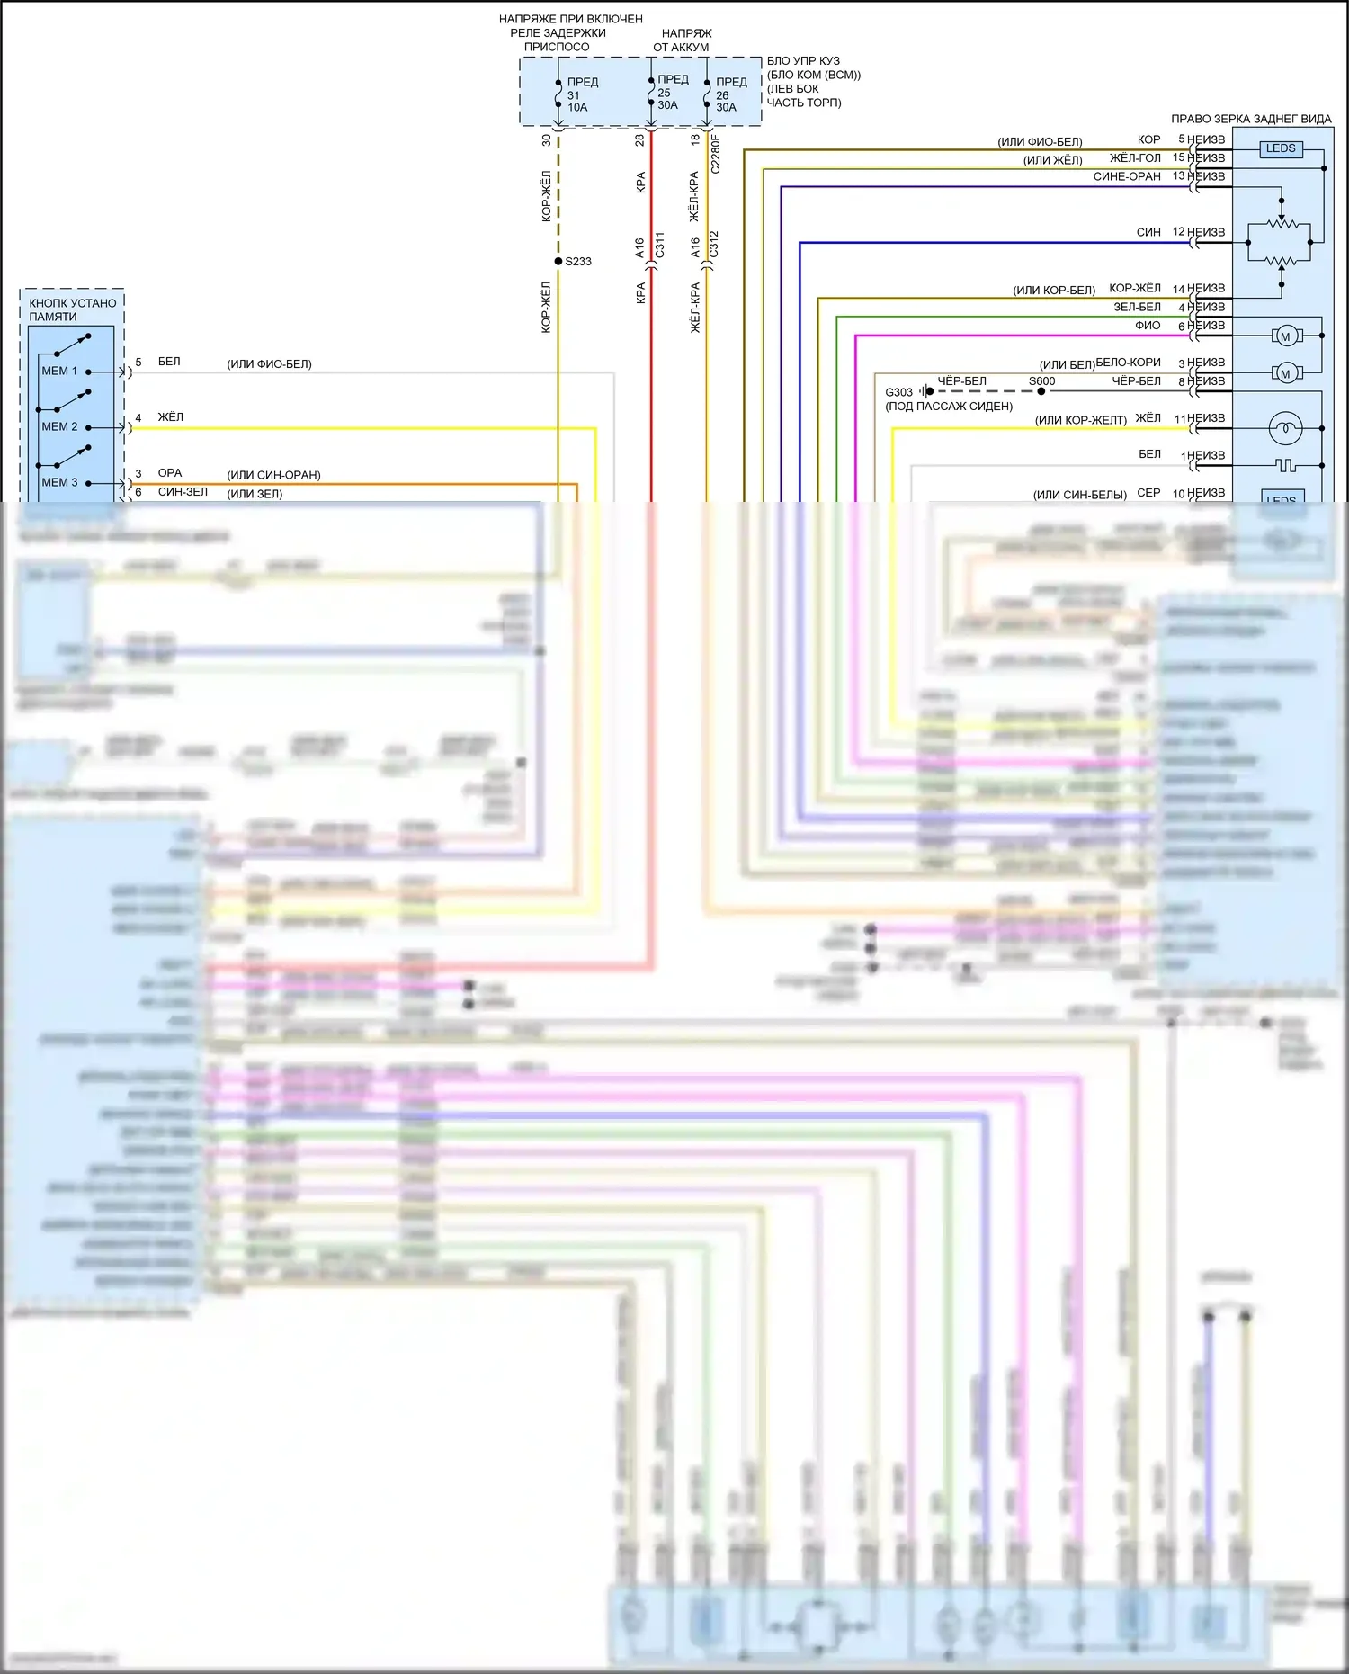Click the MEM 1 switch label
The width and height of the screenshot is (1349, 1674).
click(59, 371)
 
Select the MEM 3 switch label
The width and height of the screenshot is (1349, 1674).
click(59, 482)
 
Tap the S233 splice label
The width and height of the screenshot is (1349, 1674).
click(578, 262)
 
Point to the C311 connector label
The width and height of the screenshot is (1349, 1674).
click(659, 245)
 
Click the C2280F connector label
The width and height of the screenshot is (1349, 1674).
click(716, 155)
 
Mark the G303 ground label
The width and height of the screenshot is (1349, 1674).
click(898, 392)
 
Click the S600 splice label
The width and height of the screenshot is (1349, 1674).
click(1041, 381)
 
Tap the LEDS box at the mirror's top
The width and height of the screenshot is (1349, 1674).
click(1281, 148)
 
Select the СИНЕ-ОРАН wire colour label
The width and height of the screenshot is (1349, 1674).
click(1127, 177)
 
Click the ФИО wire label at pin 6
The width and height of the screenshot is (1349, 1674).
click(1148, 326)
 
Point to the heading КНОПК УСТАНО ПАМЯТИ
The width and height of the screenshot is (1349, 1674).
click(72, 309)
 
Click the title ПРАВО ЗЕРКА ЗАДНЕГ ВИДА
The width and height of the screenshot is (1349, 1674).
click(1251, 119)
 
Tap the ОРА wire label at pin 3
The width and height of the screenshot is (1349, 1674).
click(170, 473)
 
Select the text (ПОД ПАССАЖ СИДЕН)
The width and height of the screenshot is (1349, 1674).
click(949, 407)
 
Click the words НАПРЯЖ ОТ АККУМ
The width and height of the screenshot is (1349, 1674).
click(682, 40)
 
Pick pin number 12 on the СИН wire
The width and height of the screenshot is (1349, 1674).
click(1179, 232)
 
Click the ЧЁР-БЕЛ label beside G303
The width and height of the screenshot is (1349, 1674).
click(961, 381)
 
